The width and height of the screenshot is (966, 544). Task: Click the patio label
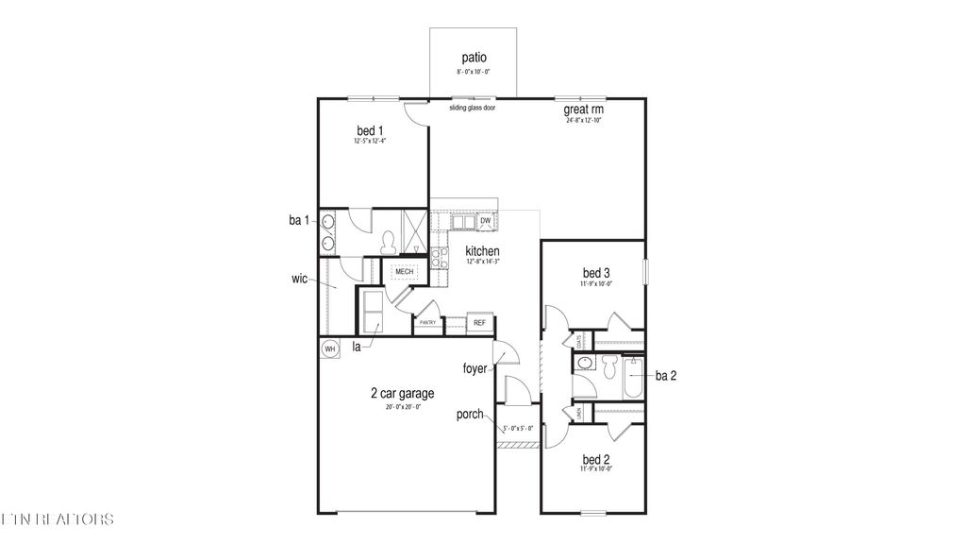474,58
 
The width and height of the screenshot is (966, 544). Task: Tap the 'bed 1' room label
370,130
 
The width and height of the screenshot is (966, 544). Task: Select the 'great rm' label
584,110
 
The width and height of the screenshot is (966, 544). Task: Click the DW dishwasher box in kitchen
486,221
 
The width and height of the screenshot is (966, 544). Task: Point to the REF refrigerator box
479,323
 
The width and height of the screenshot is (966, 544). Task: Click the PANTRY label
426,324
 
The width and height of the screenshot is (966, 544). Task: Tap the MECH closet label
405,272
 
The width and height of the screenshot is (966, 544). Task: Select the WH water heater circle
330,349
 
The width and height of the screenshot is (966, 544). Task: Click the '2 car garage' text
402,394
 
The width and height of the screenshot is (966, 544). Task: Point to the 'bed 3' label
595,273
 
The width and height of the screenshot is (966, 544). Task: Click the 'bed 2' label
595,460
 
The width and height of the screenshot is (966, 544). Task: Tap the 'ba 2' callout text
666,375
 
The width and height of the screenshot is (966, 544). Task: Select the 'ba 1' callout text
299,220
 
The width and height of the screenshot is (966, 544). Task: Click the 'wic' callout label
300,280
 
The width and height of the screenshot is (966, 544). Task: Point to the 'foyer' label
475,368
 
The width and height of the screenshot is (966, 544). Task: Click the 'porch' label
471,414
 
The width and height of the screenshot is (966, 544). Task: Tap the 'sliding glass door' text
473,108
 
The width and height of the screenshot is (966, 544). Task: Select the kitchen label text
482,250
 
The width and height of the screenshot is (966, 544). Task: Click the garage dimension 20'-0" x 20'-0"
402,407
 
